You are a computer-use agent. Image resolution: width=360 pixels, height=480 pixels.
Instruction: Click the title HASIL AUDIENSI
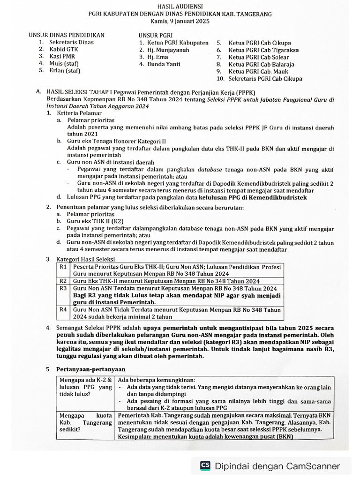click(x=180, y=6)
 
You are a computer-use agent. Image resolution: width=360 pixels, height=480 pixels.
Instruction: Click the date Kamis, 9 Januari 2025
click(x=180, y=22)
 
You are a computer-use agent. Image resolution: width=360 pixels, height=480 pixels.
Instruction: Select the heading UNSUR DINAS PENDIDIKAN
click(x=66, y=35)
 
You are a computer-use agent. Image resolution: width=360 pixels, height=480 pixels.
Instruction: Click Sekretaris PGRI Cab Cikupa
click(x=265, y=79)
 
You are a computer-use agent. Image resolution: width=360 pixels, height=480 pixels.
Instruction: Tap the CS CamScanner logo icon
click(x=205, y=465)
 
